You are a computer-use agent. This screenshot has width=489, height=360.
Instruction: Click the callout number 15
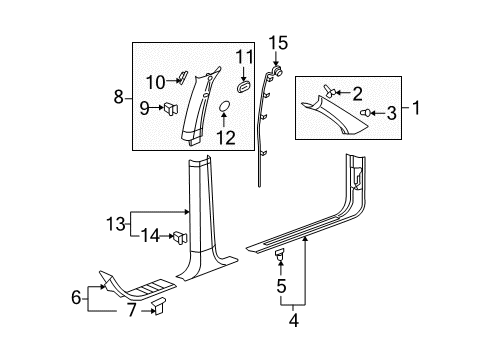[x=278, y=43]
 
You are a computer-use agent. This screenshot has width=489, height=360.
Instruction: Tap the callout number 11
[x=245, y=57]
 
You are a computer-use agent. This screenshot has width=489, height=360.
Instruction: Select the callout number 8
[x=119, y=98]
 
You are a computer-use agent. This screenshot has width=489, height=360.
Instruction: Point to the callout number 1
[x=416, y=108]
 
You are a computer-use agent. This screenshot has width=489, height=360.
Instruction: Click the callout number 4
[x=294, y=320]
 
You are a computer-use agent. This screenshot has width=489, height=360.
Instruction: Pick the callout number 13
[x=116, y=223]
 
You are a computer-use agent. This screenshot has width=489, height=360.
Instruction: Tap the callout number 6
[x=76, y=297]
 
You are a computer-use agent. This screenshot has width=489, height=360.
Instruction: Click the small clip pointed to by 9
[x=170, y=108]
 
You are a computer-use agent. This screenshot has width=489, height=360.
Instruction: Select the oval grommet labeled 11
[x=244, y=87]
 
